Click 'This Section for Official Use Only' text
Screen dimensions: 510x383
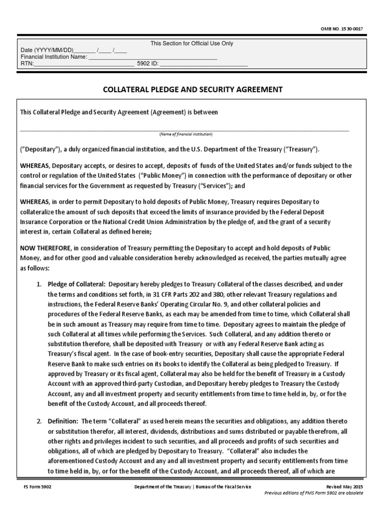pyautogui.click(x=192, y=43)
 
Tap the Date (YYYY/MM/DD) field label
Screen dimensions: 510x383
pyautogui.click(x=47, y=50)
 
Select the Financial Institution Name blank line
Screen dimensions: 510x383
pyautogui.click(x=153, y=57)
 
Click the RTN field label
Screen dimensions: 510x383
pyautogui.click(x=26, y=64)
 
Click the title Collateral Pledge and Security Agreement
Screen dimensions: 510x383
pyautogui.click(x=192, y=90)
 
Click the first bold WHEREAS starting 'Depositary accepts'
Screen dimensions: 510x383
pyautogui.click(x=35, y=165)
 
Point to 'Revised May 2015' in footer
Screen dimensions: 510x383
pyautogui.click(x=345, y=487)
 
